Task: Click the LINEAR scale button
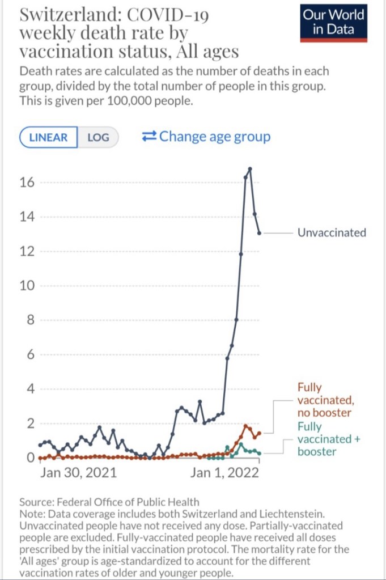point(48,137)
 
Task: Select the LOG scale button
point(98,137)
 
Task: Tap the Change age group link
point(206,137)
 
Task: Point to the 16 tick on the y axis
point(28,182)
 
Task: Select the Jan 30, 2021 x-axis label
point(78,472)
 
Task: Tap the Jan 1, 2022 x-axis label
point(224,472)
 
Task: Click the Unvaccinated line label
point(332,232)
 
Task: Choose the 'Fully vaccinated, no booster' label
point(324,400)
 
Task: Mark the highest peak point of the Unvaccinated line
point(249,169)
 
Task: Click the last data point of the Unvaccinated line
point(259,232)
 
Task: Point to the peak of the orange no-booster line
point(245,425)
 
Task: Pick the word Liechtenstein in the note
point(291,514)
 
